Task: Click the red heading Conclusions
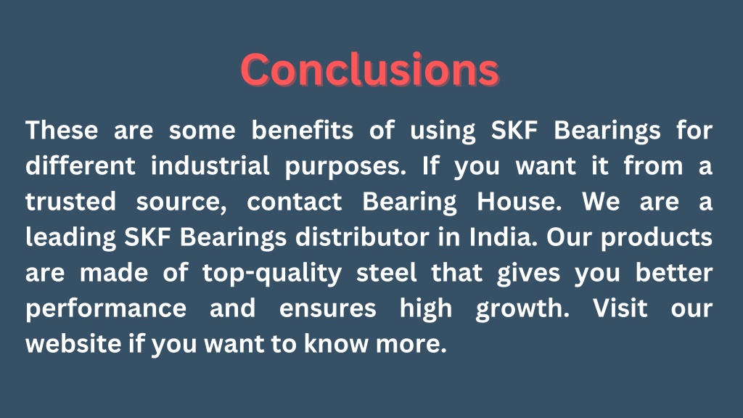370,70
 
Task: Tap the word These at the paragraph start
62,131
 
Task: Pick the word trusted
70,202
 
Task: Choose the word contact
294,202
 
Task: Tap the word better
674,273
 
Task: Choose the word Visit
620,308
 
